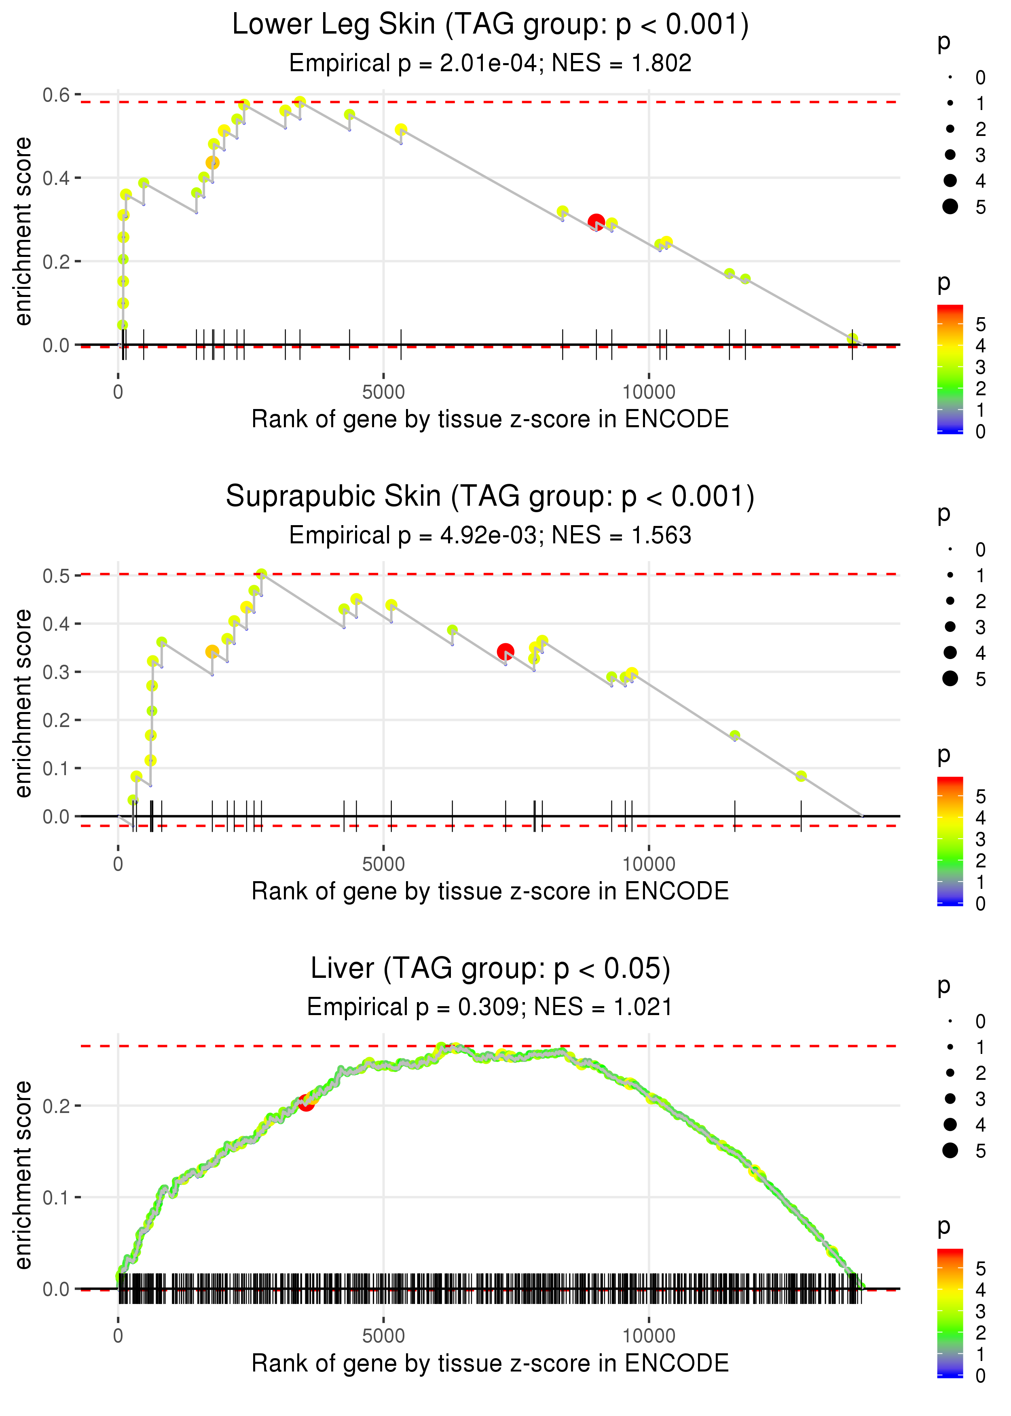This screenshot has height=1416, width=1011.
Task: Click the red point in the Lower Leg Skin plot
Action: click(x=596, y=222)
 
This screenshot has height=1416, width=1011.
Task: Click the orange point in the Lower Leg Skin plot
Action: click(x=212, y=163)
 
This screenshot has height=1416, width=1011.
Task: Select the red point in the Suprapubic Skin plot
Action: click(x=505, y=652)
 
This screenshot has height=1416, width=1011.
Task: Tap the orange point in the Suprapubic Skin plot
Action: click(x=212, y=652)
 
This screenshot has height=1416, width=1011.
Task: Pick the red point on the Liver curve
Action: click(x=306, y=1103)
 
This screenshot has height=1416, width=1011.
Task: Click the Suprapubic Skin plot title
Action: click(x=490, y=497)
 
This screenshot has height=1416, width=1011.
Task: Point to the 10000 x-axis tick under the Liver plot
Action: click(x=649, y=1335)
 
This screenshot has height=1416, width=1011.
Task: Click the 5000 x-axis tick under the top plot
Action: click(x=383, y=392)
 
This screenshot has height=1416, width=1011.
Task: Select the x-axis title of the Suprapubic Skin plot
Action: click(x=490, y=891)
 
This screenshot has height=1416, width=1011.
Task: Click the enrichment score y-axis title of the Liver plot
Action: click(x=23, y=1174)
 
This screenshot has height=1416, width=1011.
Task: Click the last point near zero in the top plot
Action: click(x=852, y=339)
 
